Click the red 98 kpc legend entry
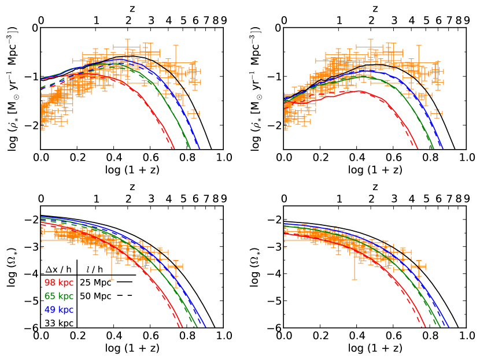(58, 283)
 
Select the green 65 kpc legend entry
(58, 296)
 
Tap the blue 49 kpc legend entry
(58, 309)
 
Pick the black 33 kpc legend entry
(58, 321)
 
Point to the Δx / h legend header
(58, 269)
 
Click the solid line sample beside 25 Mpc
(125, 283)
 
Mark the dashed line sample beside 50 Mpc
(125, 296)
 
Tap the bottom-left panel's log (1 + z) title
(132, 348)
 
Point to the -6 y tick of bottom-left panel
(33, 328)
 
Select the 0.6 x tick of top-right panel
(375, 157)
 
